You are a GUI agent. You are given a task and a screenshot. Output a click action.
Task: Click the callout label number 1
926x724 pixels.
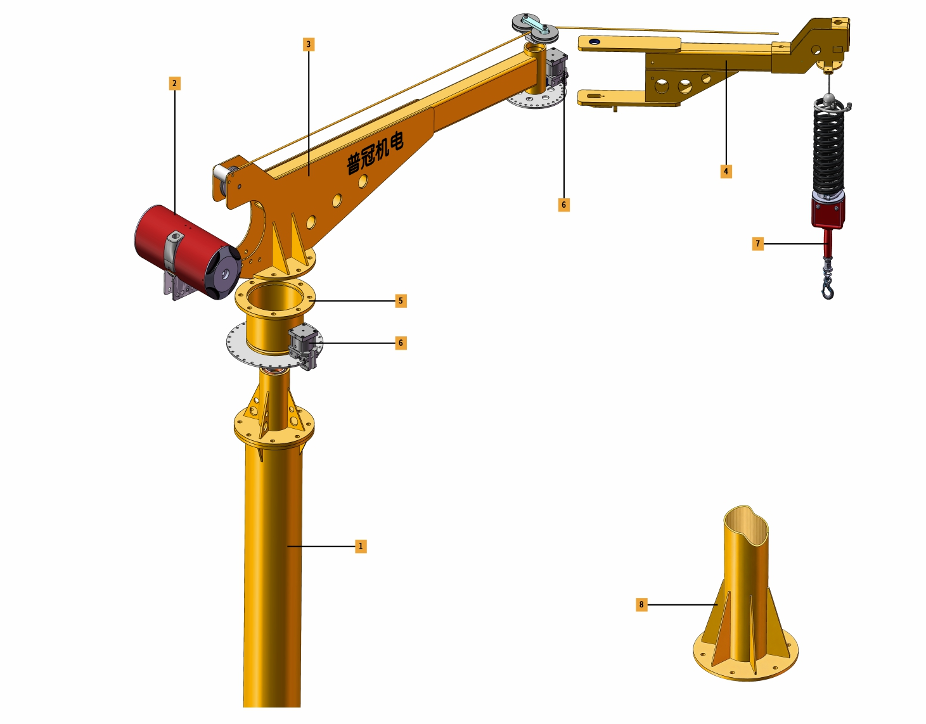click(x=361, y=547)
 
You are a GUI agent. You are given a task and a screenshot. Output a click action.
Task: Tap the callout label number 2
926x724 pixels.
click(x=174, y=84)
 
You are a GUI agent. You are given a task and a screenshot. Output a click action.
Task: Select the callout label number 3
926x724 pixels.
click(x=309, y=44)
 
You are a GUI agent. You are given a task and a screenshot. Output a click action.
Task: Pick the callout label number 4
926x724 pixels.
click(x=726, y=172)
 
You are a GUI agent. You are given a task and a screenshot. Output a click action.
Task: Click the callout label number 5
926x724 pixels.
click(x=401, y=301)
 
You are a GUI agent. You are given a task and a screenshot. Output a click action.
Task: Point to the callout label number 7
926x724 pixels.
click(x=757, y=244)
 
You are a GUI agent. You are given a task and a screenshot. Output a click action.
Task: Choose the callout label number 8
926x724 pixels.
click(x=641, y=604)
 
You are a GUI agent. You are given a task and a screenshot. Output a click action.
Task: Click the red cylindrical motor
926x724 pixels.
click(x=188, y=251)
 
